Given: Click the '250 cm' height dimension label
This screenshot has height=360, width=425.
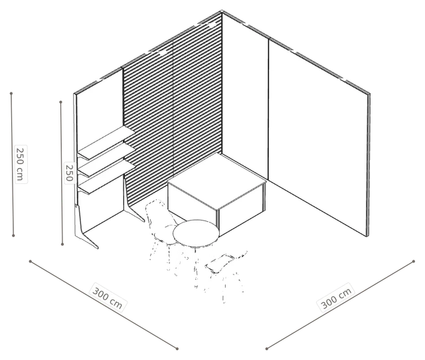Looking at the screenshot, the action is [21, 164].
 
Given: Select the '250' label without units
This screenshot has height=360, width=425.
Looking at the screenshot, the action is [69, 173].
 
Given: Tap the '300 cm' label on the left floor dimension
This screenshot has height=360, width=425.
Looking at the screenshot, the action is [108, 298].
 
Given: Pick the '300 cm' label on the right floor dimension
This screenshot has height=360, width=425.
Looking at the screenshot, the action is [336, 298].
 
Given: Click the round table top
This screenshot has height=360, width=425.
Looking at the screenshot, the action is [196, 233].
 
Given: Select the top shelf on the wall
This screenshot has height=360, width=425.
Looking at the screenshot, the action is [106, 142].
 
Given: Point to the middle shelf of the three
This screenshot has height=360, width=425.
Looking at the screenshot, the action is [106, 161].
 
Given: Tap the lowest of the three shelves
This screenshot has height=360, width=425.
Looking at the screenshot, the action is [106, 177].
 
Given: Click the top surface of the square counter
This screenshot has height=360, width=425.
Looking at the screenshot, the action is [217, 181].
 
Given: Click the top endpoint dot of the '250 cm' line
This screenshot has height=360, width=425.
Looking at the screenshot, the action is [11, 94].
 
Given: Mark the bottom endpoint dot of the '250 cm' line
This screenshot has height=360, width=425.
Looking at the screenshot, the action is [13, 236].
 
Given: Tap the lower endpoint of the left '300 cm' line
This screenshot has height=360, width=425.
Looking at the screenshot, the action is [177, 349].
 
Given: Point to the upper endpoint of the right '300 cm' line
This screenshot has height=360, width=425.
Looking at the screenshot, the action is [413, 261].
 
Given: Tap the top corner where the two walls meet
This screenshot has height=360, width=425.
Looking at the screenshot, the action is [222, 11].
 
